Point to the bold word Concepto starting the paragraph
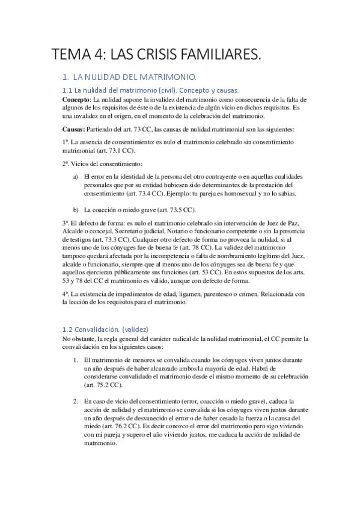tap(76, 99)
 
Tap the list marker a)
tap(76, 176)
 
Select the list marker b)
tap(76, 210)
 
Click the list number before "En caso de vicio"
tap(76, 400)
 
